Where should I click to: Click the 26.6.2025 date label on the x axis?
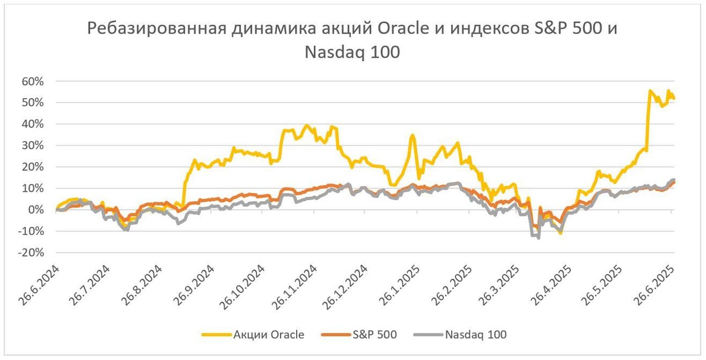tap(655, 286)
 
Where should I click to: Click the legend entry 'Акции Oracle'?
tap(269, 335)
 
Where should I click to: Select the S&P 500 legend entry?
tap(375, 335)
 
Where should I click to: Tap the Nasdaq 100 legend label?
tap(475, 335)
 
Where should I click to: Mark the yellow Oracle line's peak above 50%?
tap(651, 90)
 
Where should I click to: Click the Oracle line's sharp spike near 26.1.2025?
tap(412, 135)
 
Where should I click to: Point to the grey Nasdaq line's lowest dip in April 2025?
tap(538, 238)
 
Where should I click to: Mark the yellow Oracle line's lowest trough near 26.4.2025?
tap(560, 233)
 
